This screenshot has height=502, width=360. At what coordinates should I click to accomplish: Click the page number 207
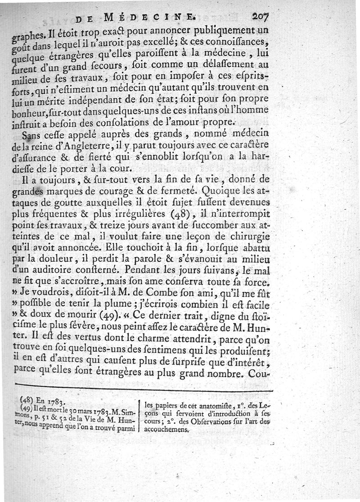[x=260, y=17]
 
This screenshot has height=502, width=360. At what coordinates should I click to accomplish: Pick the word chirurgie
[x=250, y=233]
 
